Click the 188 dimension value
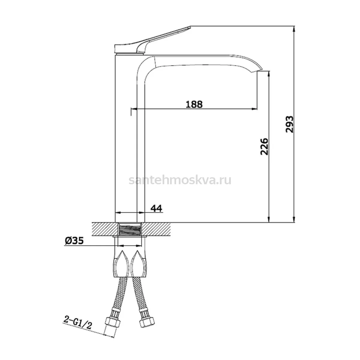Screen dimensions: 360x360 click(x=194, y=104)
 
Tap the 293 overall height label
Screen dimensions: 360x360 click(x=289, y=124)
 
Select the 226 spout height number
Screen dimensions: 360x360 click(x=264, y=147)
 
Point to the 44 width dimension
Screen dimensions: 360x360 click(x=156, y=208)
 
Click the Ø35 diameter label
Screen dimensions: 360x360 click(x=74, y=241)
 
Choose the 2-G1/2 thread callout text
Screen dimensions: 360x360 click(x=77, y=324)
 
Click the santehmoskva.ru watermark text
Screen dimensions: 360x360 click(x=180, y=180)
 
